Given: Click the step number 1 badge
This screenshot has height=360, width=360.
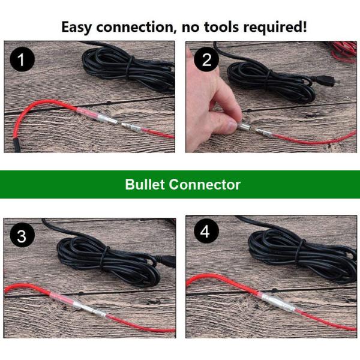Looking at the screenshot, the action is point(22,59).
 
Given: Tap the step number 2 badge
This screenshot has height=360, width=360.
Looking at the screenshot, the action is point(206,59).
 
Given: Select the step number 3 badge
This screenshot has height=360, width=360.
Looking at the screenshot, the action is point(22,235).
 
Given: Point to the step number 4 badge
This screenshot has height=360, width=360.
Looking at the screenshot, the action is point(205,231).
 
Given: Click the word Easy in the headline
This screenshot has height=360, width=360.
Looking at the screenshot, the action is point(76,28).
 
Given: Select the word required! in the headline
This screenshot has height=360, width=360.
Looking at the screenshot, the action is point(275,28).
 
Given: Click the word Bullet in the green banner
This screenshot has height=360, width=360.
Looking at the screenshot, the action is point(145,184).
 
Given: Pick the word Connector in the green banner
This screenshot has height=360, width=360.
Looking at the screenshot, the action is point(205,185).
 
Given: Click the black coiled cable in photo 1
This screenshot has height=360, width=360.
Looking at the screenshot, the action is point(128,69).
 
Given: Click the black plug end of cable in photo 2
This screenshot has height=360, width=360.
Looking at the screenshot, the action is point(325,82).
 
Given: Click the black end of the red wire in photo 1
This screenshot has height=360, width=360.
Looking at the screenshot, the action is point(16,145).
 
